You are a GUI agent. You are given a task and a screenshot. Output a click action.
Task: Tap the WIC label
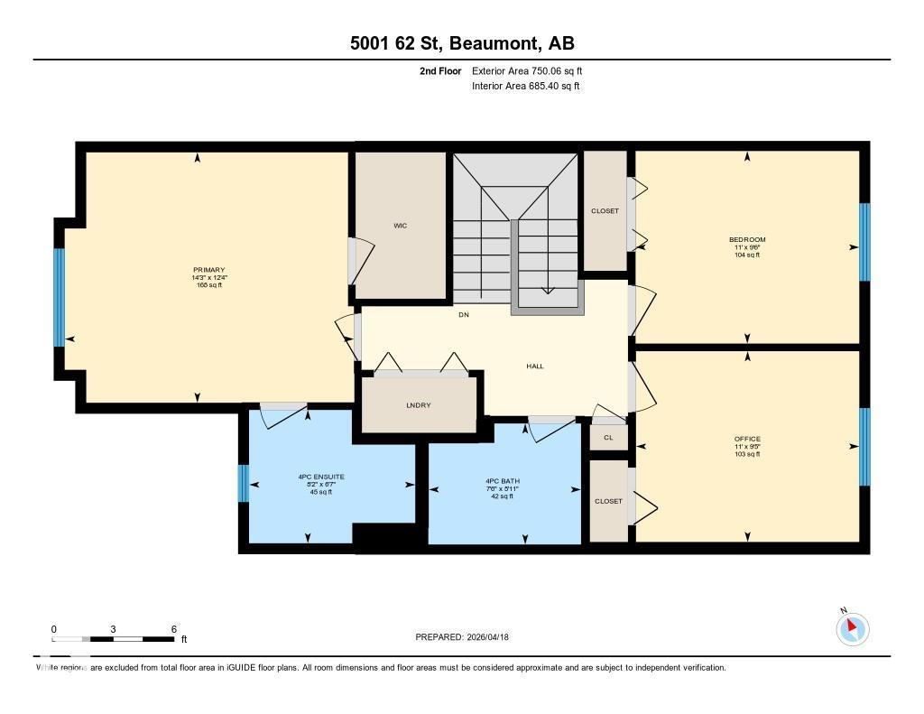(400, 226)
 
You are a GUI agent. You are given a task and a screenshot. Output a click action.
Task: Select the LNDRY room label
(418, 405)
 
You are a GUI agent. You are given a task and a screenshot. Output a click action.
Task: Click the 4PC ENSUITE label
(321, 477)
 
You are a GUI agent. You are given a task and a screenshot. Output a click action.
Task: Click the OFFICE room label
(747, 439)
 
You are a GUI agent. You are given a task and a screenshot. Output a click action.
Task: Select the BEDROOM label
(747, 239)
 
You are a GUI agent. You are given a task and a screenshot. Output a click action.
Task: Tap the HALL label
(535, 366)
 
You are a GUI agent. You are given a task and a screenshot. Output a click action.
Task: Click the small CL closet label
(608, 438)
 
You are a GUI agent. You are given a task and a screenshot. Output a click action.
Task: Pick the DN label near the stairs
(463, 315)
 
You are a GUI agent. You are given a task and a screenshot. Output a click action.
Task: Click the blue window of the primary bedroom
(59, 297)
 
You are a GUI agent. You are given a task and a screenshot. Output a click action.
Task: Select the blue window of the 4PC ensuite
(243, 483)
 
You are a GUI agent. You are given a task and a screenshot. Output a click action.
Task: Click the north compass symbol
(852, 628)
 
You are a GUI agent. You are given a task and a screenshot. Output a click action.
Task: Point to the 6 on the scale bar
(172, 629)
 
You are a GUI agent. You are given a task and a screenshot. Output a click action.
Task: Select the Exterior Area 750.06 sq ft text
(533, 70)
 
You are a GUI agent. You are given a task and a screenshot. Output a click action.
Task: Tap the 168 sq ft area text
(208, 285)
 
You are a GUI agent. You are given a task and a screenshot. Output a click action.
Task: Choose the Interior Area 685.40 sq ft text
(525, 87)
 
